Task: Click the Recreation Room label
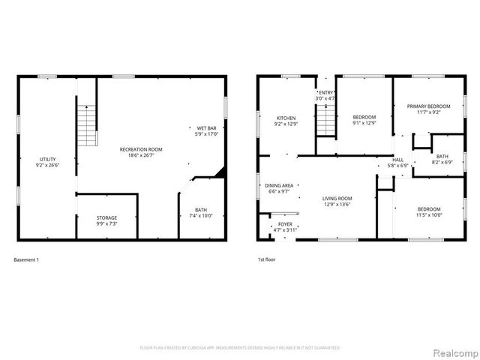coord(141,149)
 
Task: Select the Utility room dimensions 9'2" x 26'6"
coord(47,166)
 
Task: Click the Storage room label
coord(106,217)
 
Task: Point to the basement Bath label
coord(201,209)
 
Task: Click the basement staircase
coord(88,126)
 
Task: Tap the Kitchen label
coord(286,118)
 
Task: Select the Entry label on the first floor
coord(325,91)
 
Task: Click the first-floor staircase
coord(325,121)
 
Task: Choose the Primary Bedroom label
coord(428,106)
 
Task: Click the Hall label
coord(397,159)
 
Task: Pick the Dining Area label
coord(278,185)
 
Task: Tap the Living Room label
coord(337,198)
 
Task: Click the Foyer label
coord(285,223)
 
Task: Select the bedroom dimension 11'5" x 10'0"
coord(429,214)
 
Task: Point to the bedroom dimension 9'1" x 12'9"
coord(364,124)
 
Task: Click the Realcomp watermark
coord(453,352)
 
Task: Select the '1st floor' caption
coord(267,260)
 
